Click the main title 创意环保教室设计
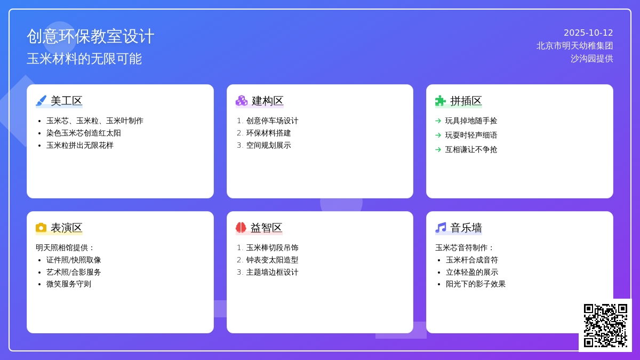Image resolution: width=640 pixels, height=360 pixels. coord(91,36)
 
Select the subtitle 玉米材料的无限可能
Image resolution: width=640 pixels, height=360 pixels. coord(84,59)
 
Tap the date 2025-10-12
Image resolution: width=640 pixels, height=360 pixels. coord(588,33)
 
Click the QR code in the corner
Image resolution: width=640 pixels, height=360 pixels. coord(605,325)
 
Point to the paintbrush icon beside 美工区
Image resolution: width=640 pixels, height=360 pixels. coord(41,101)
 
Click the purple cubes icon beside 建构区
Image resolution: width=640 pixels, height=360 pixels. coord(242,101)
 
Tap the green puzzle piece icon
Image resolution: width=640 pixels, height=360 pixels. coord(441,101)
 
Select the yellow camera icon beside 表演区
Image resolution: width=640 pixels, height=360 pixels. coord(41,228)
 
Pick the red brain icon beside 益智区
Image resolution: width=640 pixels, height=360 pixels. coord(241,228)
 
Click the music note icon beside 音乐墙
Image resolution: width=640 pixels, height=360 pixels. coord(441,228)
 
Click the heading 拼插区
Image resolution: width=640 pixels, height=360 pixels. coord(466,101)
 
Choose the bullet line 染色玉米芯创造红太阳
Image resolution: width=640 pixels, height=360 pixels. coord(83,133)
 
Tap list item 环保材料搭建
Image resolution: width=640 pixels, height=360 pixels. coord(268,133)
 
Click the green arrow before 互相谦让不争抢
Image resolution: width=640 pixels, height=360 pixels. coord(438,149)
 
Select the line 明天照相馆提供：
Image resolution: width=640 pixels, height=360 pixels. coord(65,247)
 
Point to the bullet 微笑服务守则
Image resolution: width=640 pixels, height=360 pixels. coord(69,284)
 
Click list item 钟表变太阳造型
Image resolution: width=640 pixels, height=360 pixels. coord(272,260)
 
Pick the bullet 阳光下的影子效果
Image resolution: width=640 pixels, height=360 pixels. coord(476,284)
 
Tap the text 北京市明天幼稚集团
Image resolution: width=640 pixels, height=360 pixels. coord(574,46)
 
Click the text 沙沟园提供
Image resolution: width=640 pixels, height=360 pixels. coord(591,59)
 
